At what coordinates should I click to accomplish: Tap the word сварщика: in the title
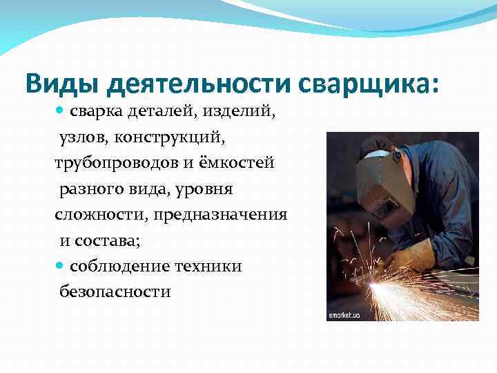coord(369,84)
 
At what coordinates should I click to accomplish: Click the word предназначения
coord(220,215)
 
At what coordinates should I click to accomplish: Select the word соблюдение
coord(124,267)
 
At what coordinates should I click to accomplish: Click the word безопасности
coord(114,292)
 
